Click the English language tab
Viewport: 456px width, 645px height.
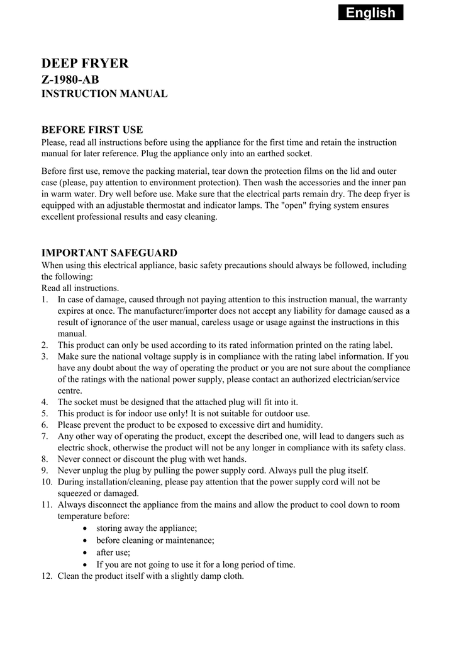[x=370, y=13]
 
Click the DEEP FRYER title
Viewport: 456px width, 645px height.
[x=85, y=63]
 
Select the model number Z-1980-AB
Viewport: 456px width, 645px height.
[x=70, y=79]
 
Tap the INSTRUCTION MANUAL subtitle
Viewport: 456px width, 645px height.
[x=104, y=94]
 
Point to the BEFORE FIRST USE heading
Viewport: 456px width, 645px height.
[x=92, y=130]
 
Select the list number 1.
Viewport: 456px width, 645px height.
[x=45, y=299]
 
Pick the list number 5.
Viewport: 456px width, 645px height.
[x=45, y=413]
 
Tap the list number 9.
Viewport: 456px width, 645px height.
[x=45, y=470]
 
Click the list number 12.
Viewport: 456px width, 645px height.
[x=47, y=576]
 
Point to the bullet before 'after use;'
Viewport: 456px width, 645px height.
[x=85, y=552]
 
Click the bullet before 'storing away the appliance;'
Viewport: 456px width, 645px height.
[x=85, y=528]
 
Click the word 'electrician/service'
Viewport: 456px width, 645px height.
[x=362, y=379]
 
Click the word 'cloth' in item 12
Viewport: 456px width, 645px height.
[x=232, y=576]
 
